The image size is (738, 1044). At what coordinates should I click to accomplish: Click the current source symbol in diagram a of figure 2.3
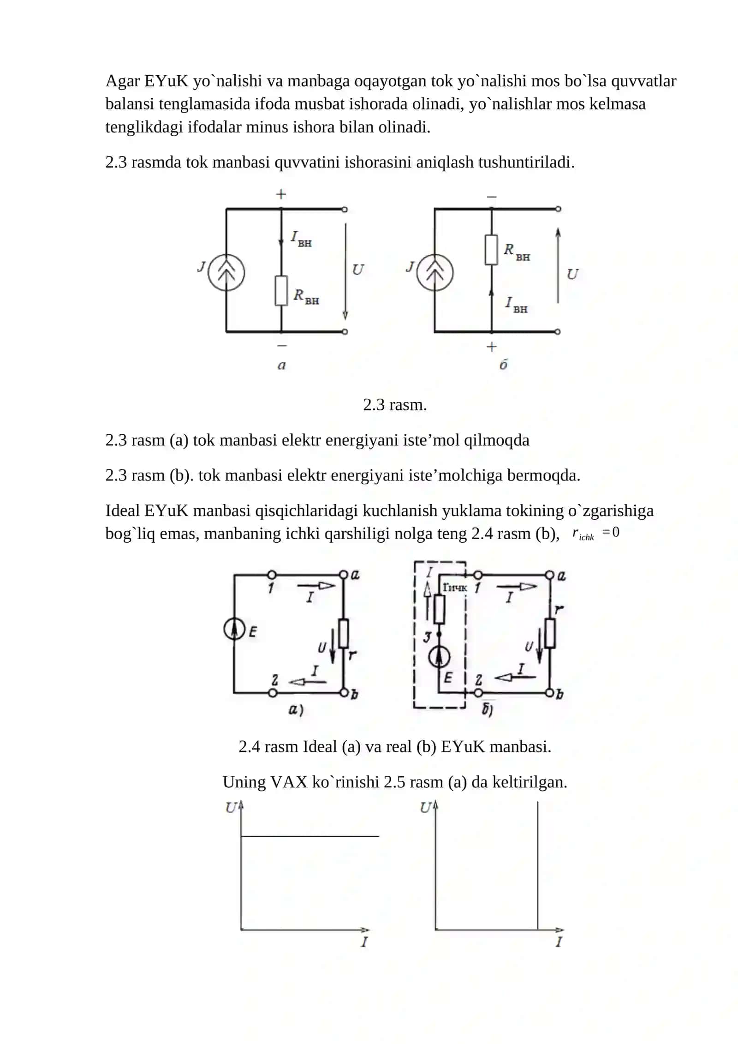pos(226,273)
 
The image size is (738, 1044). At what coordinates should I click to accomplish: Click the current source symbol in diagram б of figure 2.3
pos(434,273)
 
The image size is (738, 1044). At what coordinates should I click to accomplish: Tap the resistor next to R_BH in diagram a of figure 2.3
pos(281,291)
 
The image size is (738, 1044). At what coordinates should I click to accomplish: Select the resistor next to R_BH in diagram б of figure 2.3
pos(491,250)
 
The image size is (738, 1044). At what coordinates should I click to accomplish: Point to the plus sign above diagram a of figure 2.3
pos(281,194)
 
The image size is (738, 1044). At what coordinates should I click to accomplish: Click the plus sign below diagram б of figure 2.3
pos(492,346)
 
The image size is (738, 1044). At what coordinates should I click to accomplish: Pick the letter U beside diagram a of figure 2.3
pos(357,270)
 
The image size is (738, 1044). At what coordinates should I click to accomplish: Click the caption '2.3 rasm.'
pos(395,405)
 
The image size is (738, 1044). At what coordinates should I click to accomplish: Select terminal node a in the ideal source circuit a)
pos(343,575)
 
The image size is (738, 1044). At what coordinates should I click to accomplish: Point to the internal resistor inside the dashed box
pos(439,609)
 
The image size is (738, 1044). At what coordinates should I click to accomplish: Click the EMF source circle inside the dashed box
pos(439,658)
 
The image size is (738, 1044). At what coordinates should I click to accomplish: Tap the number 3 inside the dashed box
pos(427,638)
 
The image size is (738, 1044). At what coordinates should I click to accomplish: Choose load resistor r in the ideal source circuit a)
pos(343,634)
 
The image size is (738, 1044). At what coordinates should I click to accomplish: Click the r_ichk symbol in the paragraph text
pos(583,534)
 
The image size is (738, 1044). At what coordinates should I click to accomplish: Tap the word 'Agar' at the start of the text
pos(122,82)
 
